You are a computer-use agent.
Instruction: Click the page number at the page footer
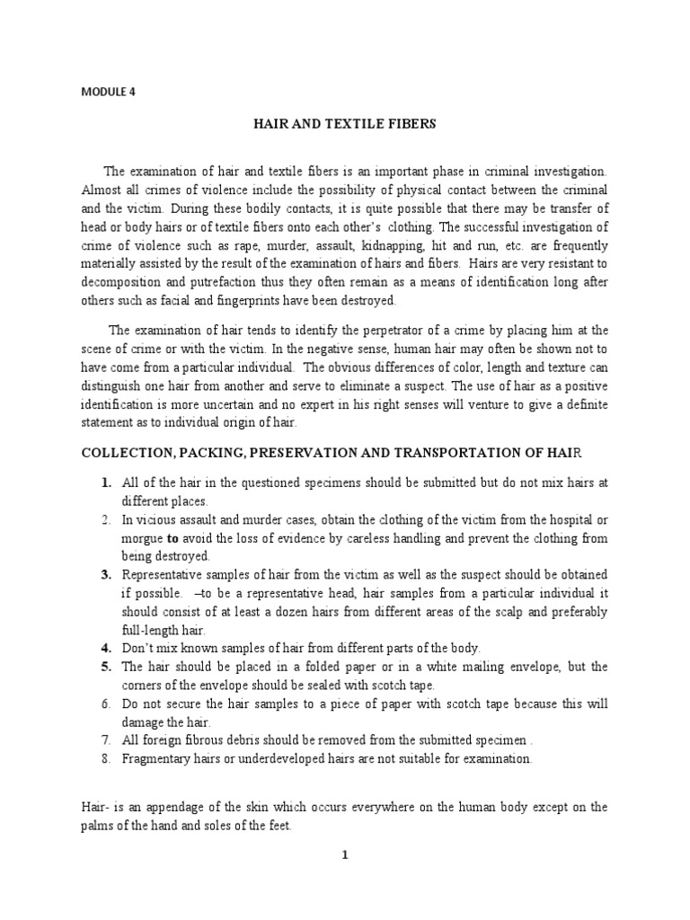coord(344,880)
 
